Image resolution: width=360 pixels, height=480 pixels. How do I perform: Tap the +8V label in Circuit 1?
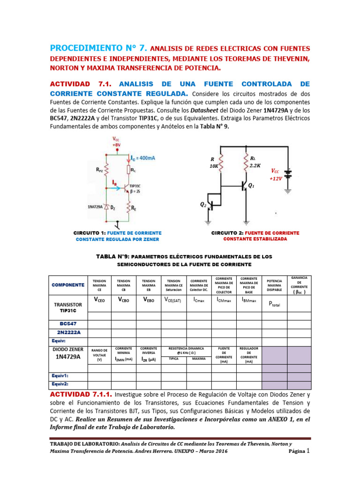tap(116, 144)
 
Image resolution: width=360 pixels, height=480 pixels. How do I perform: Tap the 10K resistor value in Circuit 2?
tap(215, 166)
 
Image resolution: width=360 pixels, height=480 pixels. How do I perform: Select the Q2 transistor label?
tap(203, 205)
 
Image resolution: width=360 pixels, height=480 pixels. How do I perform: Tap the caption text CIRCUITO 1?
tap(90, 233)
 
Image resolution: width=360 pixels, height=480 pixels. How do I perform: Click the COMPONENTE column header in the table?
tap(68, 285)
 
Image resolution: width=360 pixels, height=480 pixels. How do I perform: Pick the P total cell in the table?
tap(274, 303)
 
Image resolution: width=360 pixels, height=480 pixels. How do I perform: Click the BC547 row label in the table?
tap(68, 323)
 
